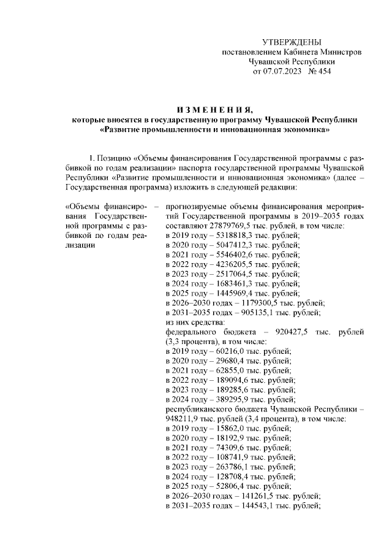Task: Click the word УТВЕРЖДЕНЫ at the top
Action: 291,42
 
